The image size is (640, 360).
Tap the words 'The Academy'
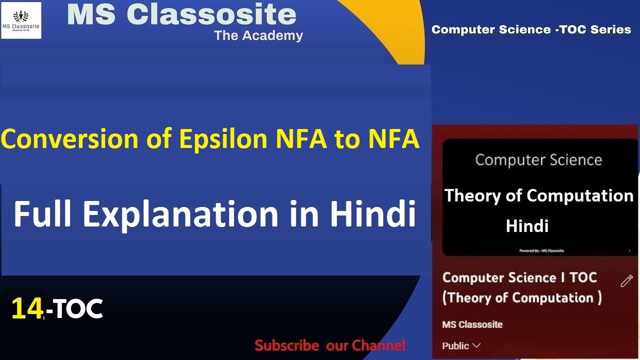coord(258,35)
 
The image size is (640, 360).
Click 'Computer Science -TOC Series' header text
coord(531,29)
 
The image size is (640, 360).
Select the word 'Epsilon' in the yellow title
coord(225,139)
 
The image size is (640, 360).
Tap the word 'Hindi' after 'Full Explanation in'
coord(372,213)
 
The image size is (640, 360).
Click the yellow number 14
coord(27,308)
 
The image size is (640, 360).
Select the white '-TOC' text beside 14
coord(75,309)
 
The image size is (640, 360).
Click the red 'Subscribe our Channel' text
coord(330,345)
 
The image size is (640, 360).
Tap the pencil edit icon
coord(626,281)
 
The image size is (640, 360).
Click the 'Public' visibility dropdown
coord(461,345)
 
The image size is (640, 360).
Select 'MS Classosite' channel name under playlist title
coord(472,324)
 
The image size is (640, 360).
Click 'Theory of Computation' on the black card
coord(538,195)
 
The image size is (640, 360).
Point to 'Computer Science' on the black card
coord(538,160)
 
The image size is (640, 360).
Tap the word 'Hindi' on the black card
coord(527,226)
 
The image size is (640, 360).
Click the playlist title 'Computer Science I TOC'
coord(519,277)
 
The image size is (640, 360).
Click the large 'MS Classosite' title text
coord(181,14)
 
